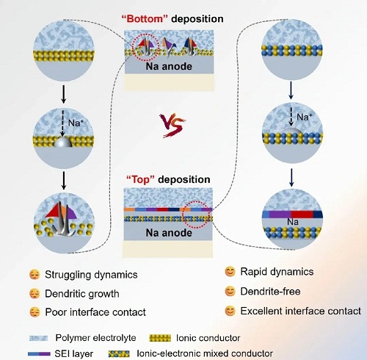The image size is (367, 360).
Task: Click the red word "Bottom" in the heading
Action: (x=145, y=19)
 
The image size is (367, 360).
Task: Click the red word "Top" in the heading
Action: (x=141, y=179)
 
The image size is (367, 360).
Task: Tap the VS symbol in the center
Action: (x=172, y=126)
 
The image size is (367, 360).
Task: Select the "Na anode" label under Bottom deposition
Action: (x=169, y=66)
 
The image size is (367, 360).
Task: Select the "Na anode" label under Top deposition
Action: (x=169, y=233)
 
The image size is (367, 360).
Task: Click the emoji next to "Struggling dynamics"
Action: (x=34, y=275)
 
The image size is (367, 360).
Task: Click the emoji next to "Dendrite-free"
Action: (x=230, y=292)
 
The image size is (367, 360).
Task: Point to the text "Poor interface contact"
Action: (x=95, y=312)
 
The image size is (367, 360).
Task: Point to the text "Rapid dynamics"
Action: (x=277, y=272)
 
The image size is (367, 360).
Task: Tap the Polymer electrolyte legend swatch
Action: (x=38, y=338)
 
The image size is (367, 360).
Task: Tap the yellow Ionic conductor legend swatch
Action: (x=160, y=338)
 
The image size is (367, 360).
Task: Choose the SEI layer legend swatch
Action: (x=39, y=354)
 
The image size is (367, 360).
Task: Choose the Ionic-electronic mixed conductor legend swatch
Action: (x=119, y=353)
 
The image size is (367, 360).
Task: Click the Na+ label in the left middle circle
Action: (x=76, y=123)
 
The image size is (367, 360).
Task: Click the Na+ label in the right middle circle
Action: (x=305, y=117)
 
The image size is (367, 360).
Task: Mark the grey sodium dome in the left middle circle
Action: (x=62, y=142)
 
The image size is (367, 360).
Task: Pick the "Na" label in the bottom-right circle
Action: (x=293, y=222)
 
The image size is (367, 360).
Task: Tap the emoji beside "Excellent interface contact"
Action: (x=230, y=311)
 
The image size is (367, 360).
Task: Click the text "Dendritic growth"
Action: (x=82, y=293)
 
